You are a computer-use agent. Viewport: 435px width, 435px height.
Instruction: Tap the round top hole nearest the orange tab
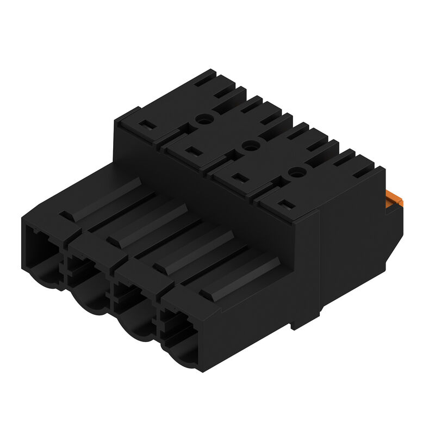click(x=294, y=172)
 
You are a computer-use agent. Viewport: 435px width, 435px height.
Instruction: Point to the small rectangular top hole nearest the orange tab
click(x=289, y=205)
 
